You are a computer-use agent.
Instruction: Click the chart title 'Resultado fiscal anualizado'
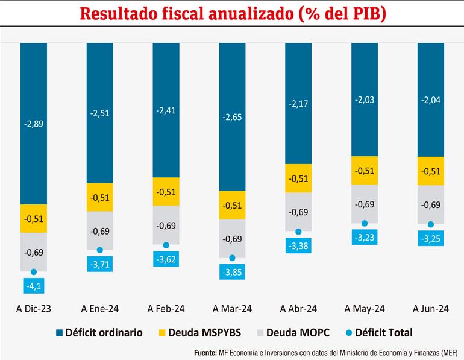click(232, 14)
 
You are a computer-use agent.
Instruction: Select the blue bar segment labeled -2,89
click(34, 123)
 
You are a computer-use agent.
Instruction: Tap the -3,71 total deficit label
click(100, 264)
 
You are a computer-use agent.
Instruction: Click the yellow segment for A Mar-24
click(232, 205)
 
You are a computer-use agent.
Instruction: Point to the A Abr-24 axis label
click(298, 309)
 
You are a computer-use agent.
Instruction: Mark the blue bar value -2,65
click(232, 116)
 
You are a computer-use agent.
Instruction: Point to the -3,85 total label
click(232, 272)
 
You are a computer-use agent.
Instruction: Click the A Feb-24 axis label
click(166, 309)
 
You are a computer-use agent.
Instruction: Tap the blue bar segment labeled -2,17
click(298, 103)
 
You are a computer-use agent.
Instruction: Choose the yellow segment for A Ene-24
click(100, 197)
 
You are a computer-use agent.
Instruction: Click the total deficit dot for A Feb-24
click(166, 245)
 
